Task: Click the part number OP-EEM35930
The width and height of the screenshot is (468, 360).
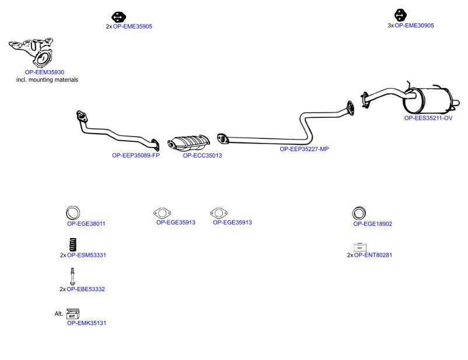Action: point(44,72)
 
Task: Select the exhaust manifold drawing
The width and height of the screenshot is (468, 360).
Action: point(32,53)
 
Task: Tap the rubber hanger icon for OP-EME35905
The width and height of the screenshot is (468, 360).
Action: point(119,17)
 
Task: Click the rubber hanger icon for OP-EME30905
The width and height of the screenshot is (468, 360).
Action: point(400,15)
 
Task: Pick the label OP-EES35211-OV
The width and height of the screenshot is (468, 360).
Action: point(428,118)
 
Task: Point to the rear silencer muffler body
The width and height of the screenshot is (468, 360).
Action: point(428,100)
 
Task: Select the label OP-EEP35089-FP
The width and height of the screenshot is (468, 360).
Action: point(136,155)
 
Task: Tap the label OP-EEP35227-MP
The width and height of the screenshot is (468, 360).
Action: point(304,149)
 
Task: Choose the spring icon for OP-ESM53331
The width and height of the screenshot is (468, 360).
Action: point(73,244)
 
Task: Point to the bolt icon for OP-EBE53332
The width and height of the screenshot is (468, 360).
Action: point(72,277)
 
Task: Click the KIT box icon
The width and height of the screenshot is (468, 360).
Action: point(73,314)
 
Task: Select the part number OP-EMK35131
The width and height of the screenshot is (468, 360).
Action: point(86,323)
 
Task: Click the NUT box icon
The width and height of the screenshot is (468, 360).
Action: point(359,247)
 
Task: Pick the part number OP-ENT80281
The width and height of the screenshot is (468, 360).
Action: point(373,255)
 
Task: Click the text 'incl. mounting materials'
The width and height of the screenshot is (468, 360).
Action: point(47,80)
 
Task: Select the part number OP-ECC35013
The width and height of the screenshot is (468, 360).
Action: point(202,156)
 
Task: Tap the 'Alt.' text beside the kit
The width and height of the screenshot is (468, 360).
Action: point(59,313)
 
